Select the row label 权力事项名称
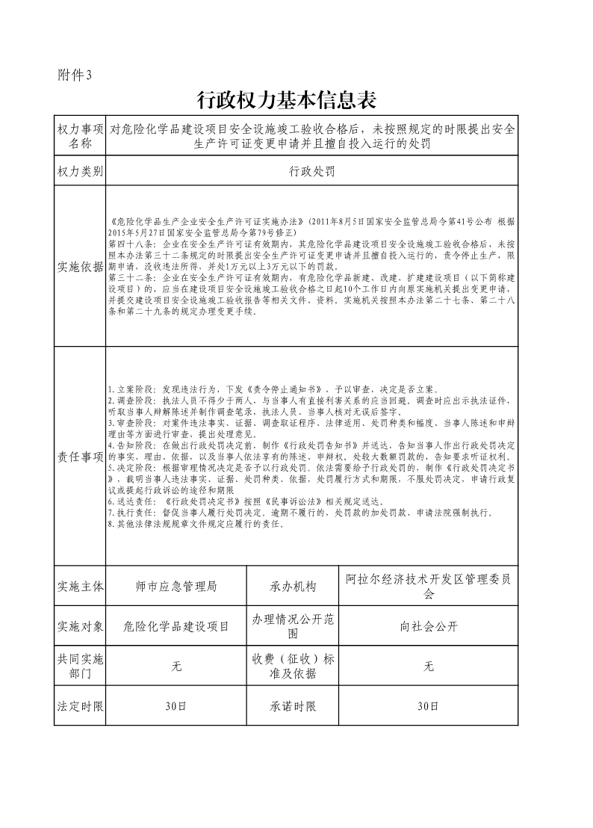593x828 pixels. [79, 136]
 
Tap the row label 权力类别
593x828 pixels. [79, 171]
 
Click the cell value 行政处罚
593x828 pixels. [311, 171]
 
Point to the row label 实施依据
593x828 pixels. [79, 266]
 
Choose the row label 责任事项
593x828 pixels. [79, 456]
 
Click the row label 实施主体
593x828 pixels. [79, 586]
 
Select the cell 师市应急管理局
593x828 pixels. [177, 586]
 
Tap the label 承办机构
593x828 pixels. [294, 586]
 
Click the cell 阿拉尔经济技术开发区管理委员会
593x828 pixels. [428, 586]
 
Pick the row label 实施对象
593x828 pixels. [79, 626]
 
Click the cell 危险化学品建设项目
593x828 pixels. [177, 626]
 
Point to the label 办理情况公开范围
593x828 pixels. [294, 626]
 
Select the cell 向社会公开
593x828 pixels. [428, 626]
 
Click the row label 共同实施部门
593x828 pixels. [79, 666]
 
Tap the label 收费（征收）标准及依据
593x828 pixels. [294, 666]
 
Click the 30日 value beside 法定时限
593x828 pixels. [177, 706]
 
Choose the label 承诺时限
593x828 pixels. [294, 706]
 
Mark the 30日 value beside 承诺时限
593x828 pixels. [428, 706]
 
